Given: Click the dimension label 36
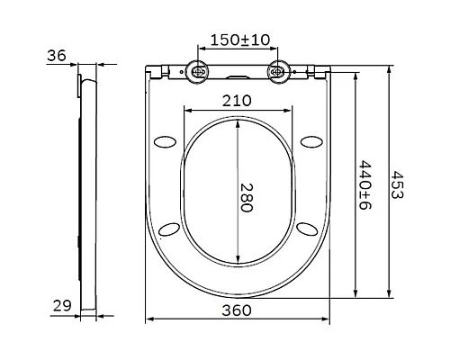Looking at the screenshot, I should pos(57,56).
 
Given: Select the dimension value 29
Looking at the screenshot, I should pos(61,306).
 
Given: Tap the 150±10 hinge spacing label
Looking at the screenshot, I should pos(238,40).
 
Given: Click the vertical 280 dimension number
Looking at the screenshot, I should pos(247,194).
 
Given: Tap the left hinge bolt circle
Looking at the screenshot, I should pos(198,72).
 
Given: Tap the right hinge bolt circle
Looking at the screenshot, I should pos(278,72).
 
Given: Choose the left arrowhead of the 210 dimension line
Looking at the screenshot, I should pos(186,111).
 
